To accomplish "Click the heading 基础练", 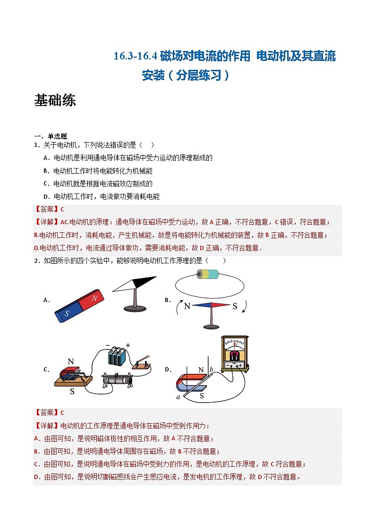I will coord(55,101).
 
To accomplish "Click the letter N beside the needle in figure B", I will coord(187,306).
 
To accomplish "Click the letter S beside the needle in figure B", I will coord(235,306).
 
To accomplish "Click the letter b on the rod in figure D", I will coord(212,369).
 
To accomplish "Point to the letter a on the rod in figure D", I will coord(179,397).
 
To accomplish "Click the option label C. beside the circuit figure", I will coord(46,370).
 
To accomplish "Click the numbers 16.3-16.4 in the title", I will coord(135,56).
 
